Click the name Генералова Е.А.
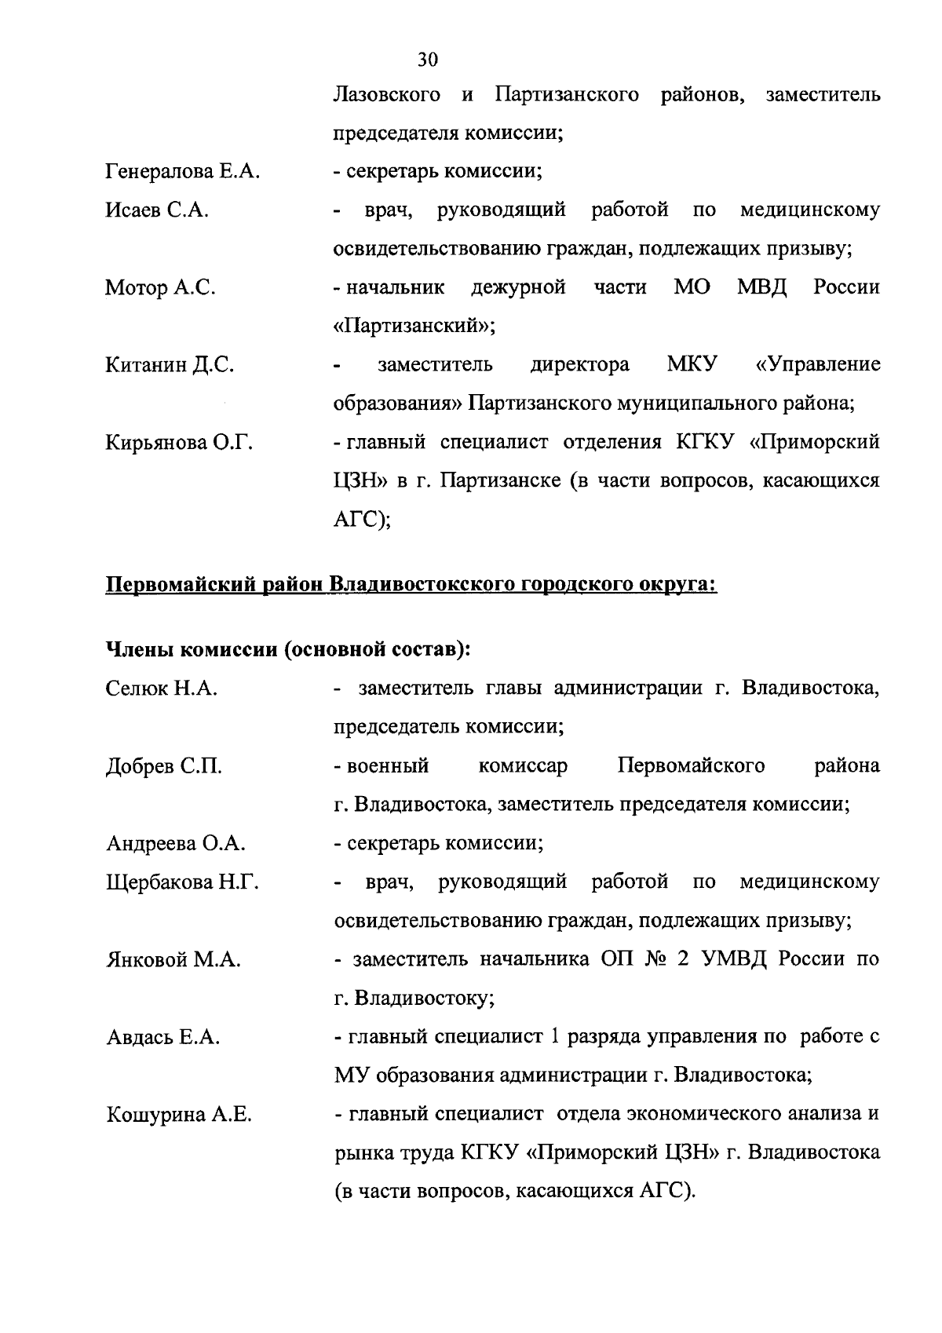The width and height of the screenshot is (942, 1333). pos(182,172)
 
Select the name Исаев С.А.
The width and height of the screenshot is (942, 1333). pos(157,210)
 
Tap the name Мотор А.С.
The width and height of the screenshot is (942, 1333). pos(160,288)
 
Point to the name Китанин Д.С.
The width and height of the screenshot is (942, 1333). pos(170,365)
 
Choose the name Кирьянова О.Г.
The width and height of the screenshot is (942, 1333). pos(179,443)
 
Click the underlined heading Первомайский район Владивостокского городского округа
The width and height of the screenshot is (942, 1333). pos(411,586)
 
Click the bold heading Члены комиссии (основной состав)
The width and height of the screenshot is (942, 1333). pos(288,650)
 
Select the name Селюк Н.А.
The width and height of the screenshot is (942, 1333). pos(162,689)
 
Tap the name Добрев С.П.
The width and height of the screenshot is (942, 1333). pos(164,766)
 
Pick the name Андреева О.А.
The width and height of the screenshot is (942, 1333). pos(176,844)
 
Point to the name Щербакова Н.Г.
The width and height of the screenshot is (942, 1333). pos(182,882)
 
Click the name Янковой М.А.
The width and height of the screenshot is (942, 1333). pos(173,960)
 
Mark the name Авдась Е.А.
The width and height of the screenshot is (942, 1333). pos(163,1038)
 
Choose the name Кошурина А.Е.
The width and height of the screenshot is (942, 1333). pos(179,1115)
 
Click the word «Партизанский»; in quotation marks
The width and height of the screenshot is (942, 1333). pos(414,327)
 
